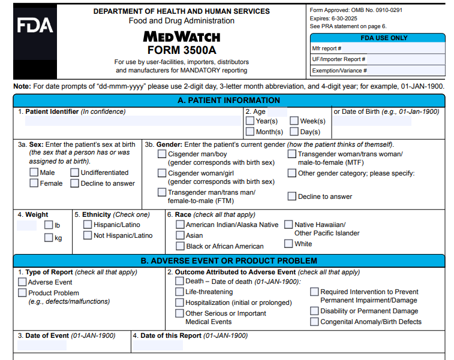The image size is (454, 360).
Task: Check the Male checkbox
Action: click(34, 173)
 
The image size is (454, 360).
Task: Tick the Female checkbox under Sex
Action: click(34, 183)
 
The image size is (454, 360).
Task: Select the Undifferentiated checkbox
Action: click(75, 173)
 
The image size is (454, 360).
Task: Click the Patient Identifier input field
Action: click(129, 121)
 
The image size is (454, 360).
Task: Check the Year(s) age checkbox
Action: click(250, 121)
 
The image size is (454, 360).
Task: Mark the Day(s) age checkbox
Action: click(294, 132)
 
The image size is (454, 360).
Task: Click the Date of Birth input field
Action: click(372, 121)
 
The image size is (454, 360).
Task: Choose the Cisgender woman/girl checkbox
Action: click(163, 173)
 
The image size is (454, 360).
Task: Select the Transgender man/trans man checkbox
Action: click(163, 192)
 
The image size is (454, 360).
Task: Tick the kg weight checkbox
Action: click(49, 238)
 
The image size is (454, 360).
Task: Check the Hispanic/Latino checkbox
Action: click(88, 225)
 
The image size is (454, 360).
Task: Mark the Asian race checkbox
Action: click(180, 235)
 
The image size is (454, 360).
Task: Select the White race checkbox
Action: click(288, 244)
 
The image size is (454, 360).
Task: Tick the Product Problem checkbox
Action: click(23, 293)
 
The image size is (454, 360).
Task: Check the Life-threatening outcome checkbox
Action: click(180, 292)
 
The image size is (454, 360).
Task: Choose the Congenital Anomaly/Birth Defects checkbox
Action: click(315, 322)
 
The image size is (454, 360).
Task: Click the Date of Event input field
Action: click(42, 346)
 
